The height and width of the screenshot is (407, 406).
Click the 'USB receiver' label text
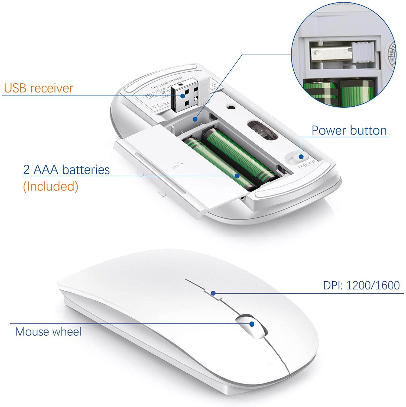click(x=39, y=88)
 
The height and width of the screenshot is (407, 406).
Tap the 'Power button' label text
click(x=349, y=131)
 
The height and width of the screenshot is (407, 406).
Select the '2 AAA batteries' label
click(x=66, y=170)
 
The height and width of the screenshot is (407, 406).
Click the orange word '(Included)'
click(x=51, y=186)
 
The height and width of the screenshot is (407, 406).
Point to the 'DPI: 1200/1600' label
click(x=361, y=285)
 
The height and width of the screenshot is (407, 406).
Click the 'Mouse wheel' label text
click(x=48, y=332)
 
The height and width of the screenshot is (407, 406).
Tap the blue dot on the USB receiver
click(x=183, y=96)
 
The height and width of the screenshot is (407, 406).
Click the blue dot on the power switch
click(x=301, y=157)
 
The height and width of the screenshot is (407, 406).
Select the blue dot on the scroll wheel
click(x=252, y=324)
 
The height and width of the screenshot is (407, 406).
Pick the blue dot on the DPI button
click(x=213, y=293)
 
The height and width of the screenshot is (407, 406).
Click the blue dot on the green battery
click(x=237, y=176)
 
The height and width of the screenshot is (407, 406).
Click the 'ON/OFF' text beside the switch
click(x=307, y=164)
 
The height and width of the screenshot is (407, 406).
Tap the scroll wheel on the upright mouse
click(x=252, y=326)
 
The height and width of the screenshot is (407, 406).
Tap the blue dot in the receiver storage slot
click(x=195, y=119)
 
